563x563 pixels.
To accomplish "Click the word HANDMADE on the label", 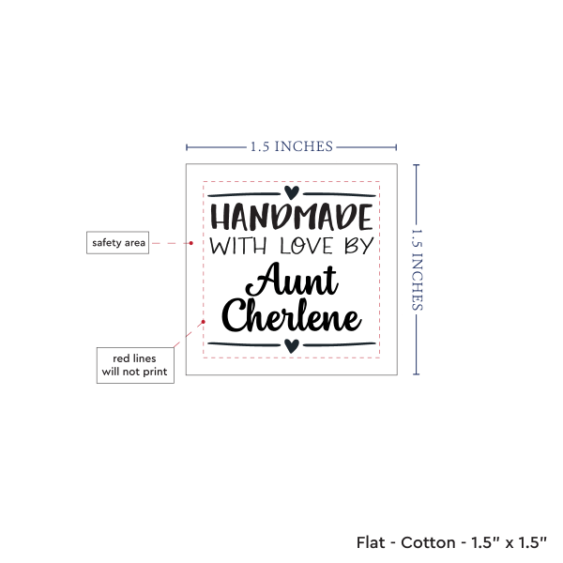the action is tap(291, 217).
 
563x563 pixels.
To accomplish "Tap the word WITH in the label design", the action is tap(238, 246).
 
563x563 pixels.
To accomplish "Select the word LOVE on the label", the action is tap(306, 246).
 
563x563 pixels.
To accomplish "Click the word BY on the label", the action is tap(359, 246).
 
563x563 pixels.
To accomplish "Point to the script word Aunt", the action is tap(292, 280).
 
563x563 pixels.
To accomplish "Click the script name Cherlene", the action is tap(291, 316).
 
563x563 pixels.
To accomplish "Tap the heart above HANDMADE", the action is tap(292, 192).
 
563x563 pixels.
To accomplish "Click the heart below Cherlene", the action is tap(292, 345).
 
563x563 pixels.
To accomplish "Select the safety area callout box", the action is tap(118, 243).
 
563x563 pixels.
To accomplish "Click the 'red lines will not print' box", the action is tap(135, 365).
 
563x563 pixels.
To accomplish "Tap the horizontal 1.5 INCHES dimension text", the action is tap(292, 147).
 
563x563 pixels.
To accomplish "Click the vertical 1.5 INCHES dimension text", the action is tap(417, 269).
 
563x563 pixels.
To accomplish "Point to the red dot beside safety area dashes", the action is tap(191, 243).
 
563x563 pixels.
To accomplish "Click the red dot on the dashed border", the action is tap(204, 322).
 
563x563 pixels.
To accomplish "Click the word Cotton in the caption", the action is tap(429, 542).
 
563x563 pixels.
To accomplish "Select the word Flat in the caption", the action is tap(371, 542).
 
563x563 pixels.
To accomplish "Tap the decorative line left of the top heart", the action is tap(244, 194).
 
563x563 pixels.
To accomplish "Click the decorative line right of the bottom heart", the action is tap(340, 344).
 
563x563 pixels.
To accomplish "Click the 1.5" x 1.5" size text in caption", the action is tap(510, 542).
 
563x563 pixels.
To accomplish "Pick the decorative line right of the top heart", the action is tap(340, 194).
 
